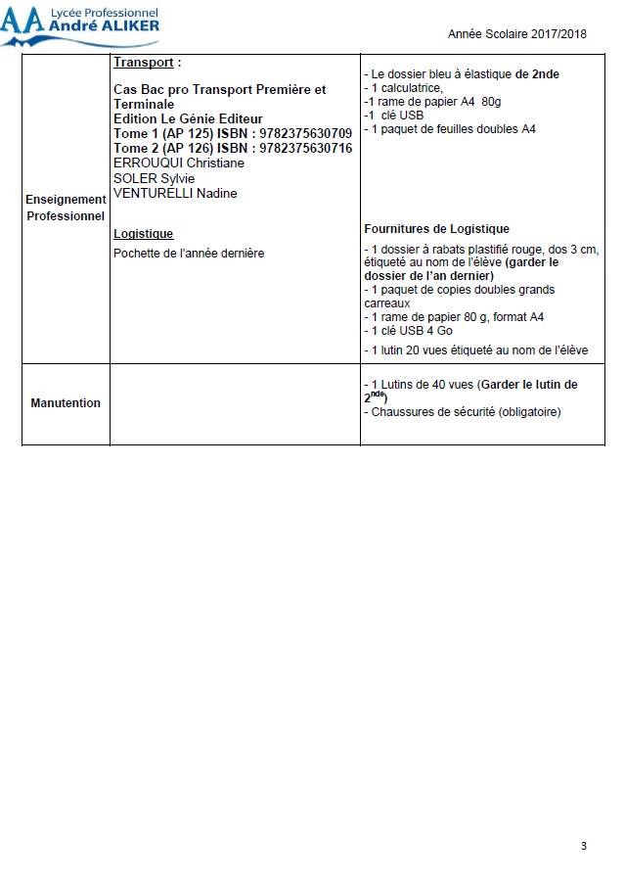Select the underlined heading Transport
coord(144,63)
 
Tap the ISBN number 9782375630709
coord(303,133)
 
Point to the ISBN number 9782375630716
coord(303,148)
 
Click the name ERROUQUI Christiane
coord(179,163)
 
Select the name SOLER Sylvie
coord(154,178)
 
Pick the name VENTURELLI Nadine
coord(175,193)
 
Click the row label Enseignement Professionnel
coord(66,208)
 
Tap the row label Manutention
coord(66,403)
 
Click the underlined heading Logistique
coord(144,234)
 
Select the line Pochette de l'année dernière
coord(189,254)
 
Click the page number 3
coord(584,846)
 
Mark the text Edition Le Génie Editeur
coord(188,118)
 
